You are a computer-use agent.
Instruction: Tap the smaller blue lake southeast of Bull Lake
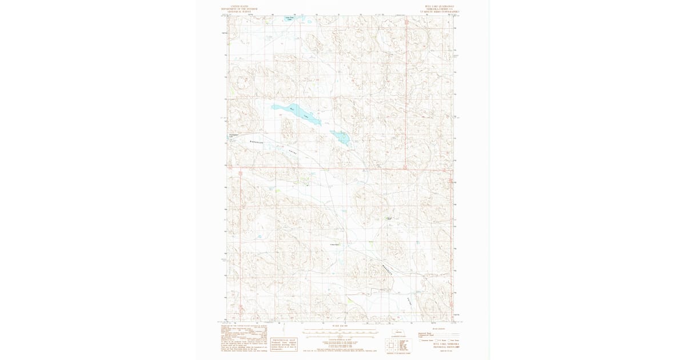[x=340, y=137]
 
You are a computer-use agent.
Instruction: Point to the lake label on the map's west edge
[x=232, y=136]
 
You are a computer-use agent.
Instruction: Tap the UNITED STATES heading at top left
[x=240, y=6]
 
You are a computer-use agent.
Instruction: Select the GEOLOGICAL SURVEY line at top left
[x=240, y=12]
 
